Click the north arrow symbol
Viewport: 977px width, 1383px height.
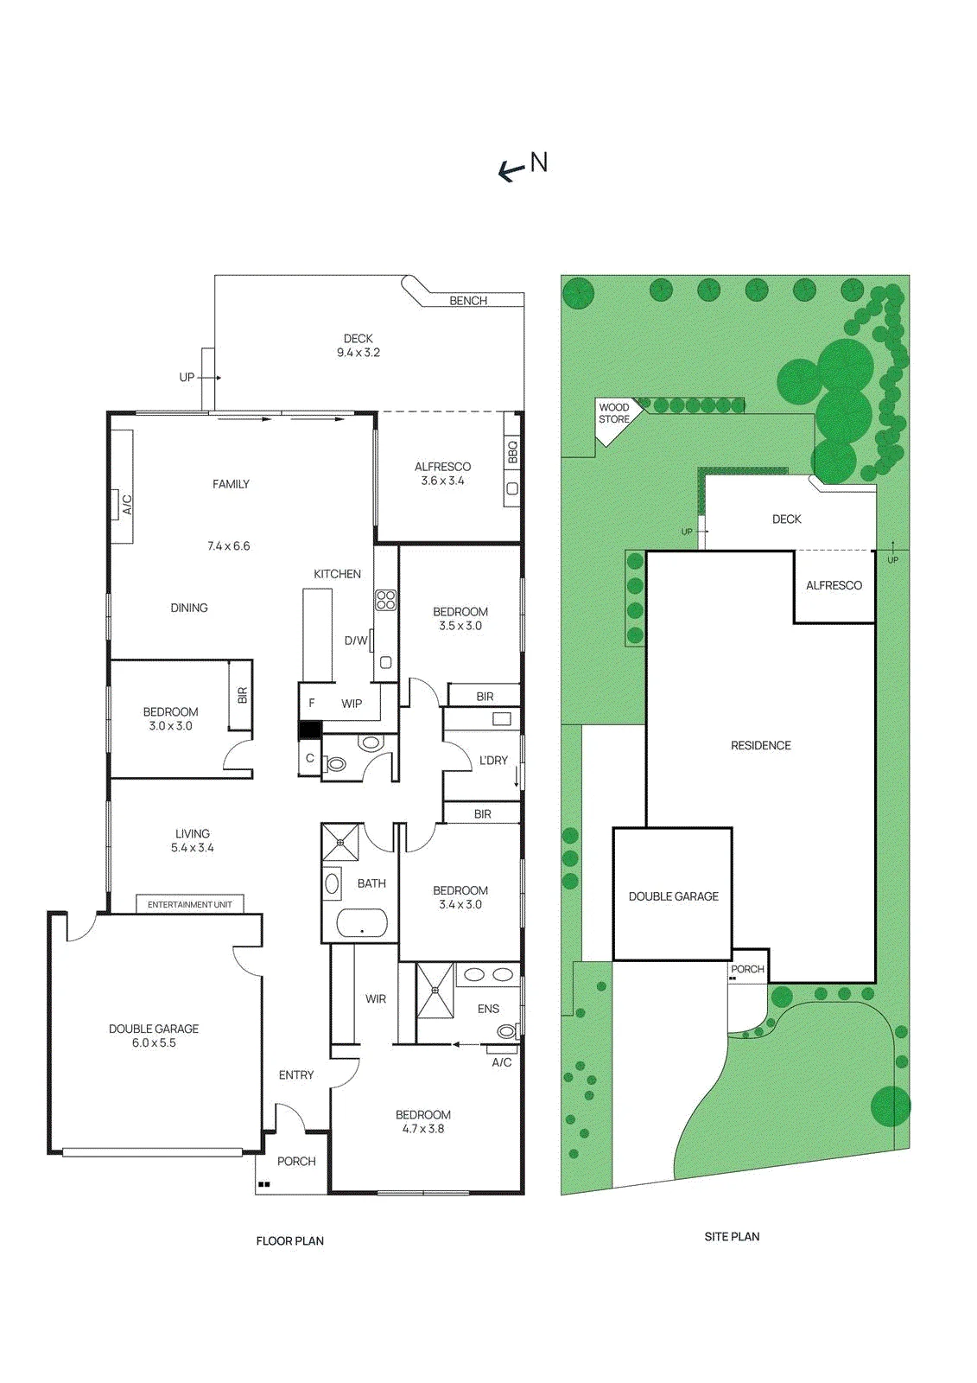coord(511,172)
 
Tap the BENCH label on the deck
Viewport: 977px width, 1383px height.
coord(468,301)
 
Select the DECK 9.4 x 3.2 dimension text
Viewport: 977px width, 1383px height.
coord(358,354)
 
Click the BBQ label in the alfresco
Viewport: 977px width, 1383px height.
coord(513,452)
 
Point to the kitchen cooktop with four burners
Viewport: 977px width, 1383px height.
coord(386,599)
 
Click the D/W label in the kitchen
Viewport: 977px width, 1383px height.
coord(356,641)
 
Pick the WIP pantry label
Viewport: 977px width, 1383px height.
coord(352,704)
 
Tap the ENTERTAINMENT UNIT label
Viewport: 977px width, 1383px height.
coord(190,904)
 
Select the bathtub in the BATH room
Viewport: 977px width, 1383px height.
coord(362,924)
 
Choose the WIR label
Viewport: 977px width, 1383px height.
coord(375,998)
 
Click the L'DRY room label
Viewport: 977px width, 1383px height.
coord(493,760)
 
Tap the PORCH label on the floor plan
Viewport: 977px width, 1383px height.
coord(296,1161)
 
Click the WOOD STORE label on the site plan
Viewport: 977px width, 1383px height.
coord(614,413)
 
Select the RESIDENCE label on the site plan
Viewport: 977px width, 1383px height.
coord(760,745)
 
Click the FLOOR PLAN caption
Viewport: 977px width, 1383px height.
coord(290,1240)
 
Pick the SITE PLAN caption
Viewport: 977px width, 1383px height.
coord(732,1236)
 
